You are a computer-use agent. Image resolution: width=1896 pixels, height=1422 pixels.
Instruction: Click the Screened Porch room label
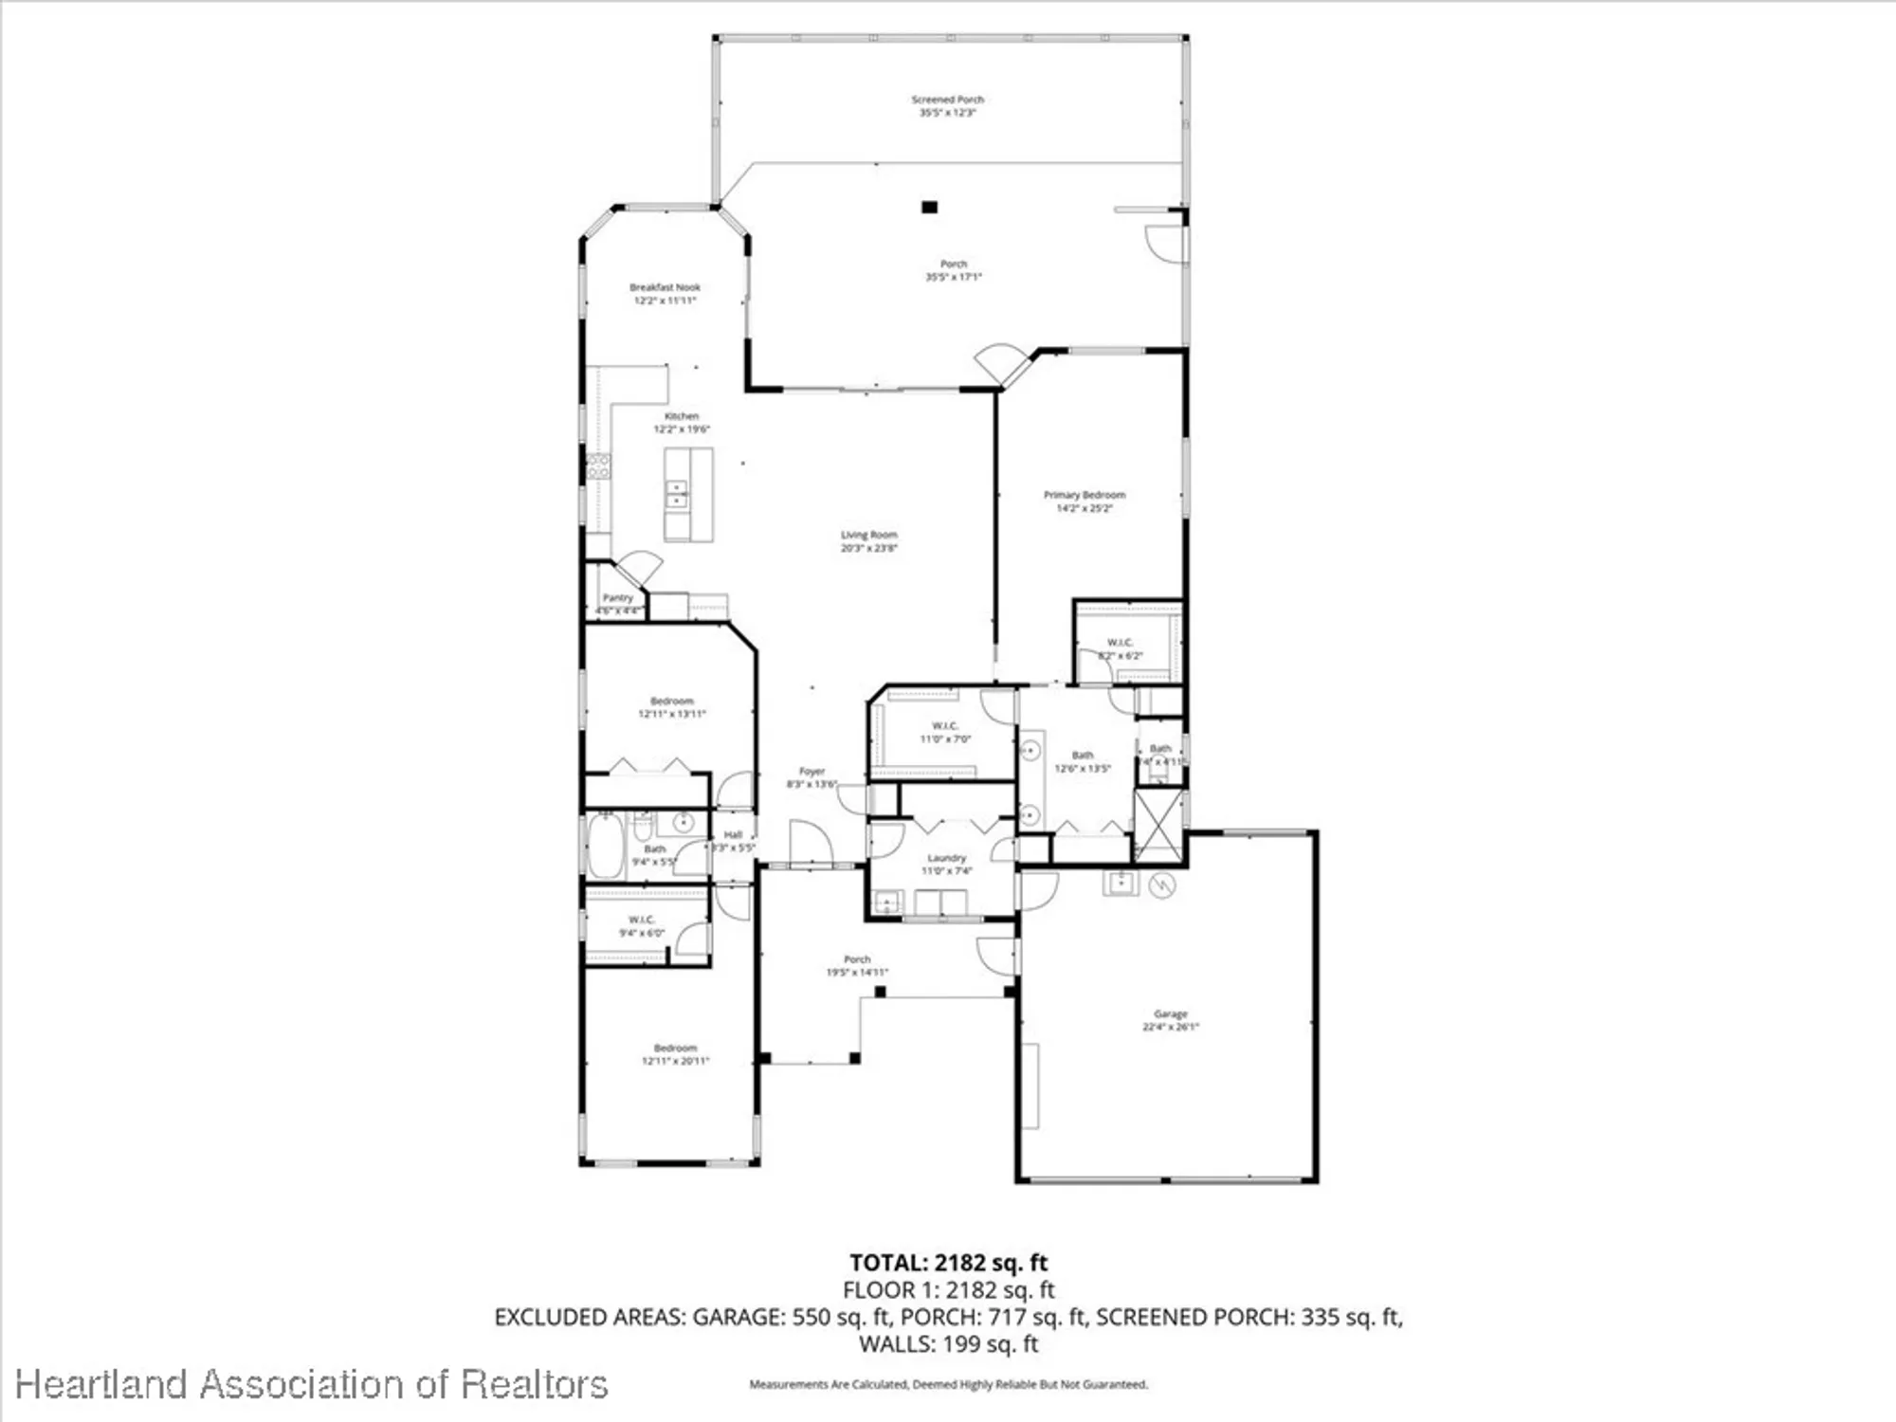(947, 105)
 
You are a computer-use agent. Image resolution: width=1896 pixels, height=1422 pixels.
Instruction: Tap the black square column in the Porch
(929, 207)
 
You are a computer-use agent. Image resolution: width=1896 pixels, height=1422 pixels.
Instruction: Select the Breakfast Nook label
(665, 293)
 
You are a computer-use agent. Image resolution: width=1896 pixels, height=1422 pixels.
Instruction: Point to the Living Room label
(868, 540)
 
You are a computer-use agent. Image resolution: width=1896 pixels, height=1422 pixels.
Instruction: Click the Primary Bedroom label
(1085, 501)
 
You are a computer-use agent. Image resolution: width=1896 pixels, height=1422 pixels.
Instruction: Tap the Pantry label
(617, 598)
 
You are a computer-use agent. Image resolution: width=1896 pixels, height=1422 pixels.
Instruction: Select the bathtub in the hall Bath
(606, 845)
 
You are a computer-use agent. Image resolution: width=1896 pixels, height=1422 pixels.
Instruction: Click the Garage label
(1170, 1020)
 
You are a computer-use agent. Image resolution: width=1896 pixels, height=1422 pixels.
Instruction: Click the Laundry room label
(946, 864)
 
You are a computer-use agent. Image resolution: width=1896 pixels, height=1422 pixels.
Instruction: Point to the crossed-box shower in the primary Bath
(1158, 823)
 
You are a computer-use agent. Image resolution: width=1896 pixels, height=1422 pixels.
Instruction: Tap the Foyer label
(811, 776)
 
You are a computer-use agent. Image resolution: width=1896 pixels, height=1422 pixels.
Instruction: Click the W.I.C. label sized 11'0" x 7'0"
(945, 732)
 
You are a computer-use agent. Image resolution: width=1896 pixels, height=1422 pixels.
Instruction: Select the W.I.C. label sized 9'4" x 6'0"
(642, 925)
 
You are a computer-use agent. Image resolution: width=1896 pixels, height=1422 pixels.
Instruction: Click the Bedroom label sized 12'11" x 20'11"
(675, 1054)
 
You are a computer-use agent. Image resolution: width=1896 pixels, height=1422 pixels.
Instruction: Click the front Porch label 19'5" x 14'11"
(857, 965)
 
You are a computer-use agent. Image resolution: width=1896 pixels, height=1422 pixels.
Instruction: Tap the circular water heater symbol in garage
(1162, 885)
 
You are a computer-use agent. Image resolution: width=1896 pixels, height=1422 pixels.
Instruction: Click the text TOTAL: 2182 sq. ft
(948, 1263)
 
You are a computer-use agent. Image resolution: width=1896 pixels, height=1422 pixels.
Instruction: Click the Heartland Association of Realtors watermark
(311, 1385)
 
